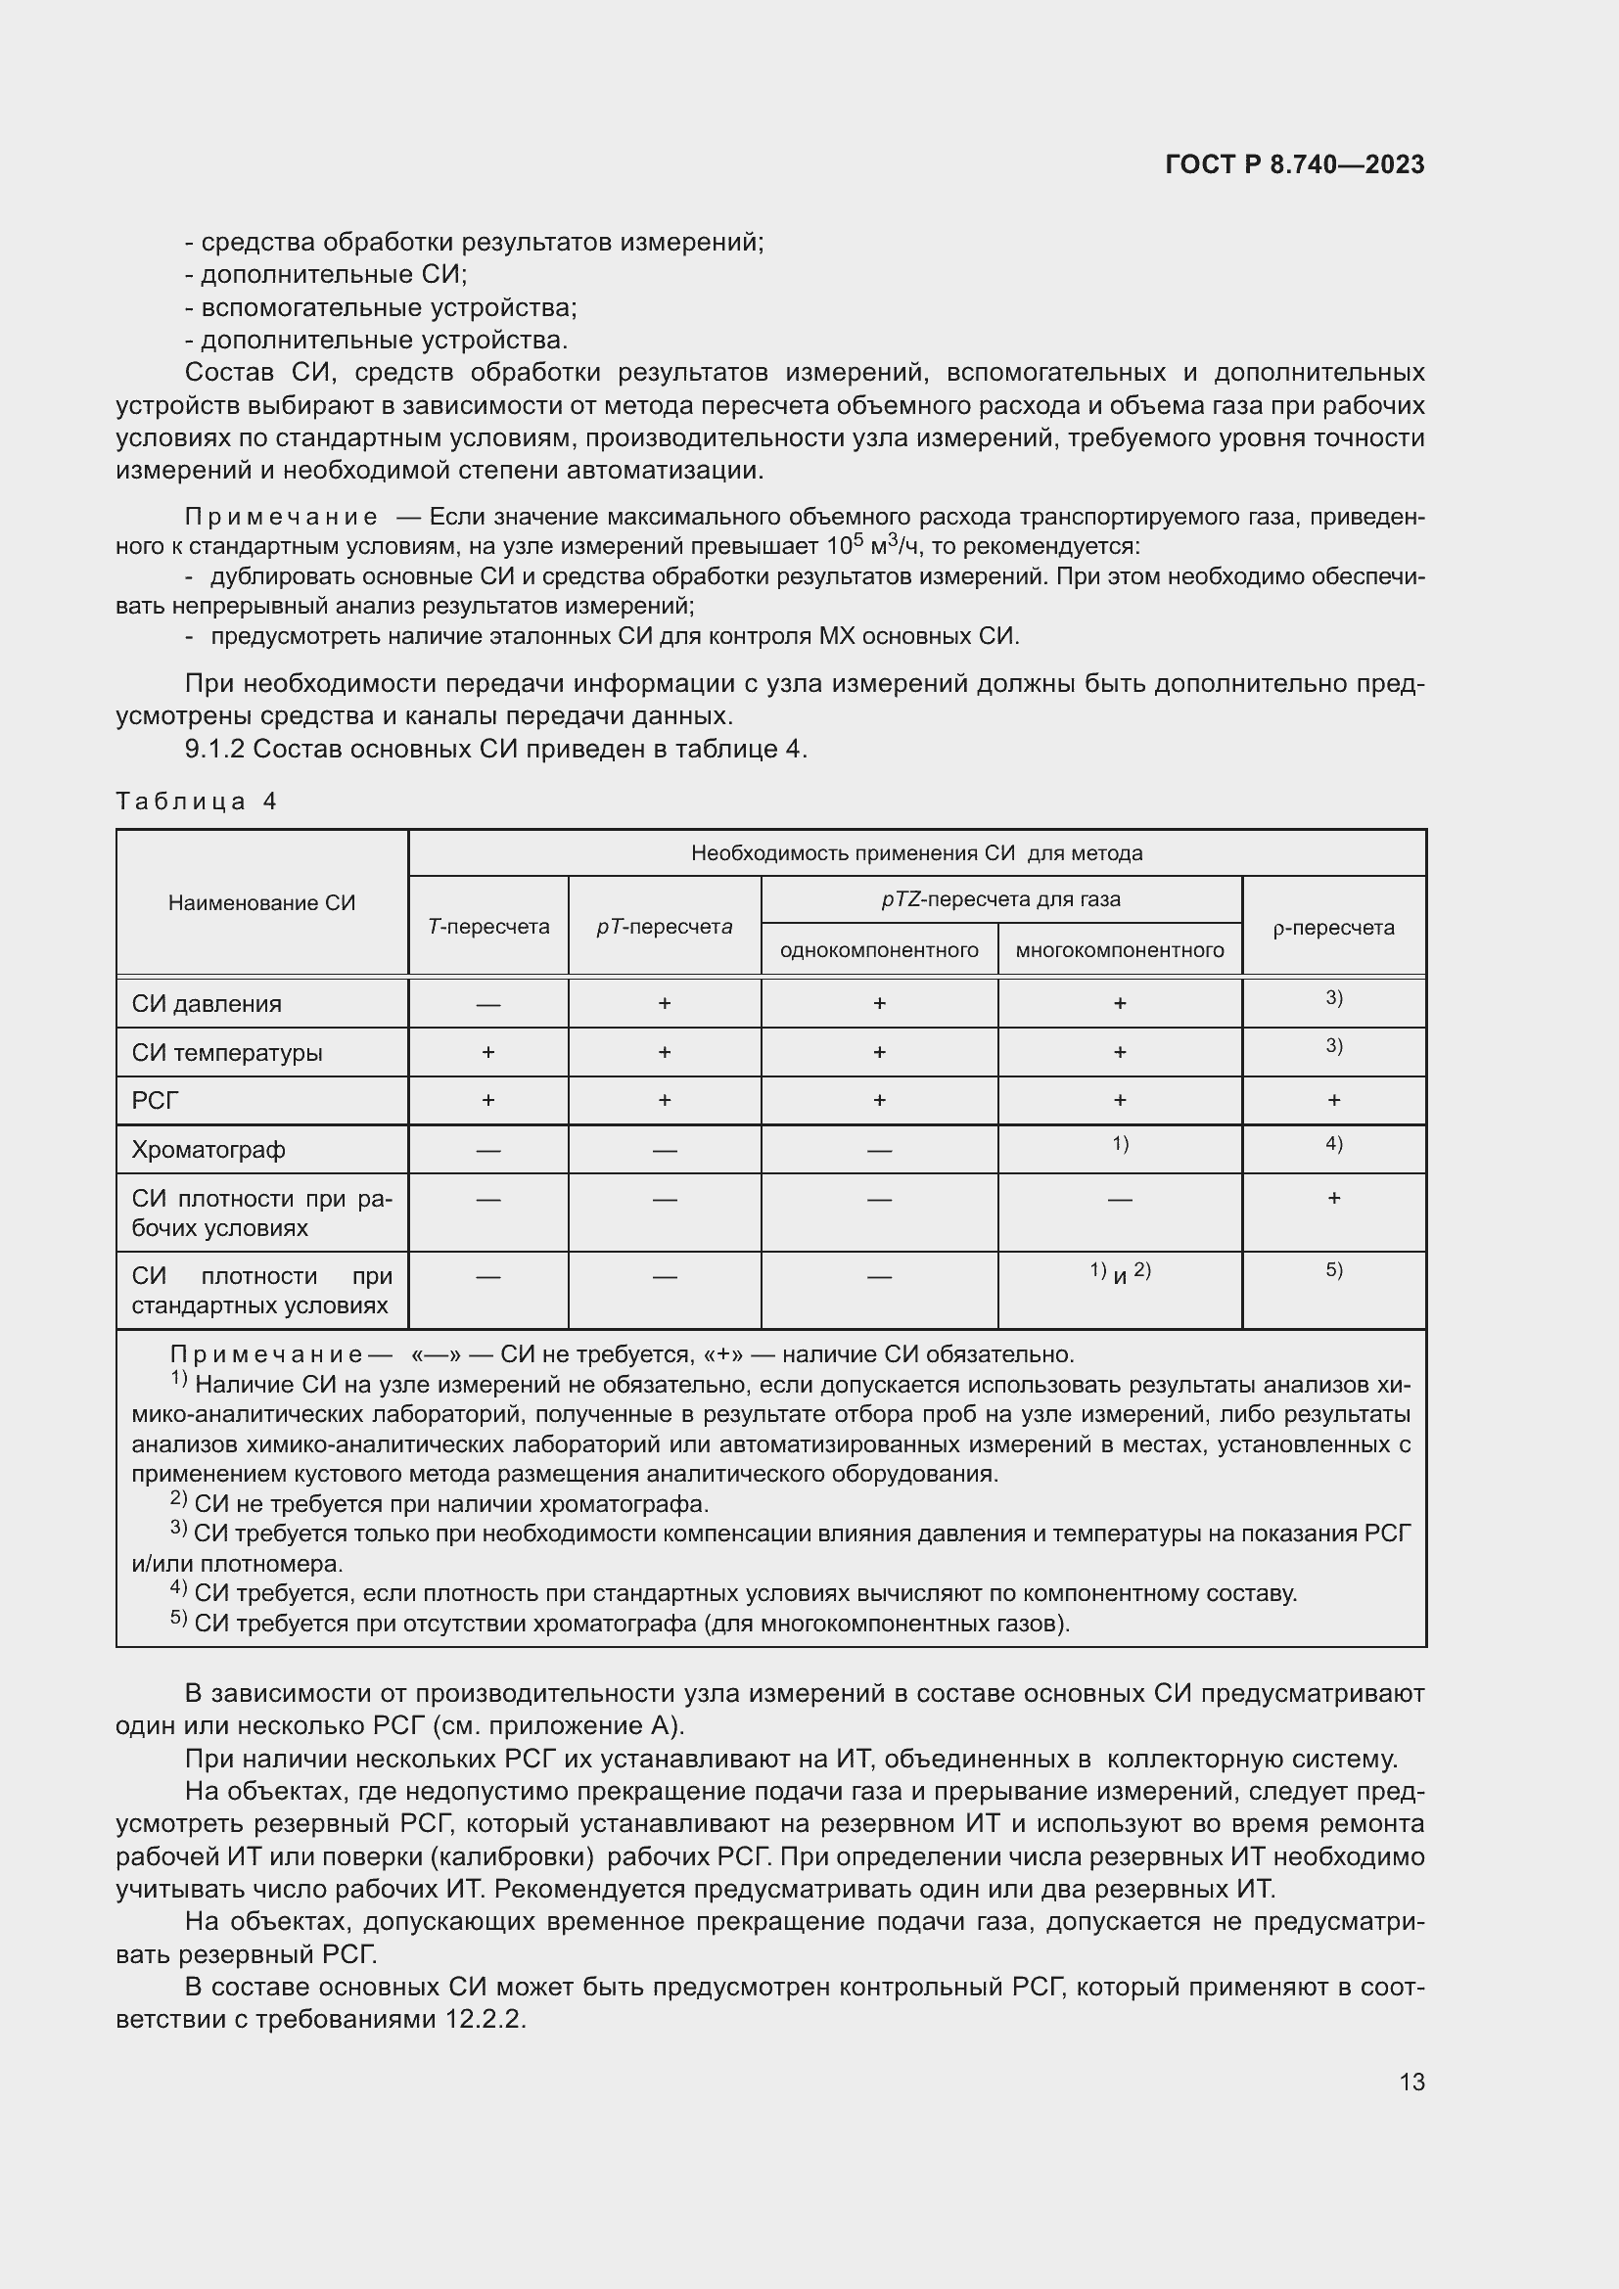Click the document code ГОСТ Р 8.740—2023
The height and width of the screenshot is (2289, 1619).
click(1294, 164)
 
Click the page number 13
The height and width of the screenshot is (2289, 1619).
click(1411, 2082)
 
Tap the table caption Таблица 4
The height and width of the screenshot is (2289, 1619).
click(197, 801)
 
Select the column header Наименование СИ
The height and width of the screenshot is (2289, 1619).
click(261, 903)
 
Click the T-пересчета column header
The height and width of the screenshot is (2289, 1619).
click(488, 926)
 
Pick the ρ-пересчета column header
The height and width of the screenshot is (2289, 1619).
click(1333, 927)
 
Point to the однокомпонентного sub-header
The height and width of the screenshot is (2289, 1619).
click(878, 950)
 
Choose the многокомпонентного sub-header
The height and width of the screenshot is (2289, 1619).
click(1120, 950)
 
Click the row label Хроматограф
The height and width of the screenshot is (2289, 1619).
click(208, 1150)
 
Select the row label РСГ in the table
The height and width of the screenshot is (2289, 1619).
click(156, 1101)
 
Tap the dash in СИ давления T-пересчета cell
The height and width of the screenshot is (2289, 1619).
click(488, 1004)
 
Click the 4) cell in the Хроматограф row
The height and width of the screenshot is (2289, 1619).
click(1333, 1143)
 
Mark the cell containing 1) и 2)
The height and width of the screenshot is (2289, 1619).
click(1120, 1272)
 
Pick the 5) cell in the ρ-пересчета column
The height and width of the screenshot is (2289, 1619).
click(1333, 1270)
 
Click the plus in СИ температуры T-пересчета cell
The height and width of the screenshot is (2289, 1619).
click(488, 1052)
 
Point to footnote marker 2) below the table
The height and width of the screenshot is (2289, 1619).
click(178, 1498)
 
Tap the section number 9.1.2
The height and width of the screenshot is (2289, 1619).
click(214, 749)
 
